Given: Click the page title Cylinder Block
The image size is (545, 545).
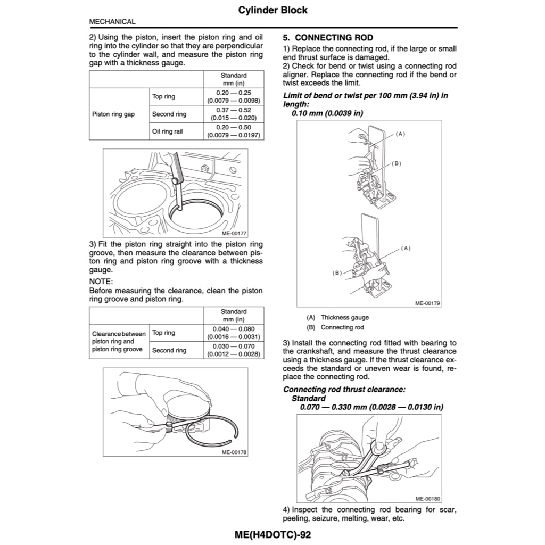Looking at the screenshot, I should [272, 10].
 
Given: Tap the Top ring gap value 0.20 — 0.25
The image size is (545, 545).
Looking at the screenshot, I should [234, 93].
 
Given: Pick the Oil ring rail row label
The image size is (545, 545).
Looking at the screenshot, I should [167, 131].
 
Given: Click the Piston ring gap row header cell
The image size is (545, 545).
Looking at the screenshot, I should [113, 114].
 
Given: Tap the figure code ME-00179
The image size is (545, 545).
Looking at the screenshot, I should [427, 303].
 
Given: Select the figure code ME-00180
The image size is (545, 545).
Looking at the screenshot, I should [427, 499].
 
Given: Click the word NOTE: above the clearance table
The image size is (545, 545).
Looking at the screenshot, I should [101, 281].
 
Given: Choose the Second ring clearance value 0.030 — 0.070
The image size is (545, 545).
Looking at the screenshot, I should [234, 346].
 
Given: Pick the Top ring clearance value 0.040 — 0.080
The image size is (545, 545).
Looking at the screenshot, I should [234, 329].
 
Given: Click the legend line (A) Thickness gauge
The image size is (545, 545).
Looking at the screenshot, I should [338, 317].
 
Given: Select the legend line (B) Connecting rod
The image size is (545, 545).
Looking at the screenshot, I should [335, 327].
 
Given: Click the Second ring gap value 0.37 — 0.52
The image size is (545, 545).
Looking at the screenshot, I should [234, 110].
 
